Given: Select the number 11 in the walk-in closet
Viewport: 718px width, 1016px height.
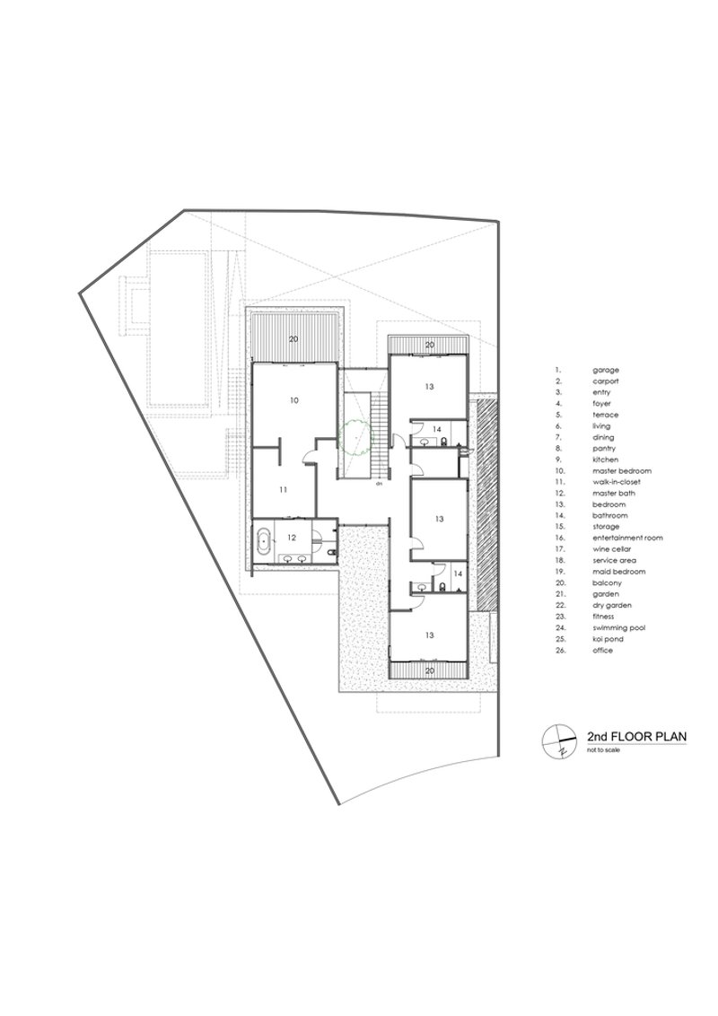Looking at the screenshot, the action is (283, 490).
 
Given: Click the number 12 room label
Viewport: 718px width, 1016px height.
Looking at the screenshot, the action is (293, 537).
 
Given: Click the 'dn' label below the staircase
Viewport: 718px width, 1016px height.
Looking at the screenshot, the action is (379, 483).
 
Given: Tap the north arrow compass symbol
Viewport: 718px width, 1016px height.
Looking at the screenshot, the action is (559, 740).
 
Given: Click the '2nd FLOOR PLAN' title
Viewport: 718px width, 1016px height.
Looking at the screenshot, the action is (636, 737).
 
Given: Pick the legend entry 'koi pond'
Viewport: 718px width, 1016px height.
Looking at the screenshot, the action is (608, 640).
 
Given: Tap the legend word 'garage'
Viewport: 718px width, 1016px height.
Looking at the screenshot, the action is (605, 371).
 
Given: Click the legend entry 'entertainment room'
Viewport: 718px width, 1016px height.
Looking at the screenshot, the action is (627, 538).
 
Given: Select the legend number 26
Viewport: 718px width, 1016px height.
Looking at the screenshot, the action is (559, 651).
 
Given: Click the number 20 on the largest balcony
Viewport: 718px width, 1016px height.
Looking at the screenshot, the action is (293, 339).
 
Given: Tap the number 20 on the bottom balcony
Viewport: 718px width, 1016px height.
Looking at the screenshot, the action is (429, 671).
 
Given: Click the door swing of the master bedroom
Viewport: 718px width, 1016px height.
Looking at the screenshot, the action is (309, 459).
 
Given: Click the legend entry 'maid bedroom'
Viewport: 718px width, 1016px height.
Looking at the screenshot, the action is (619, 572).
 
